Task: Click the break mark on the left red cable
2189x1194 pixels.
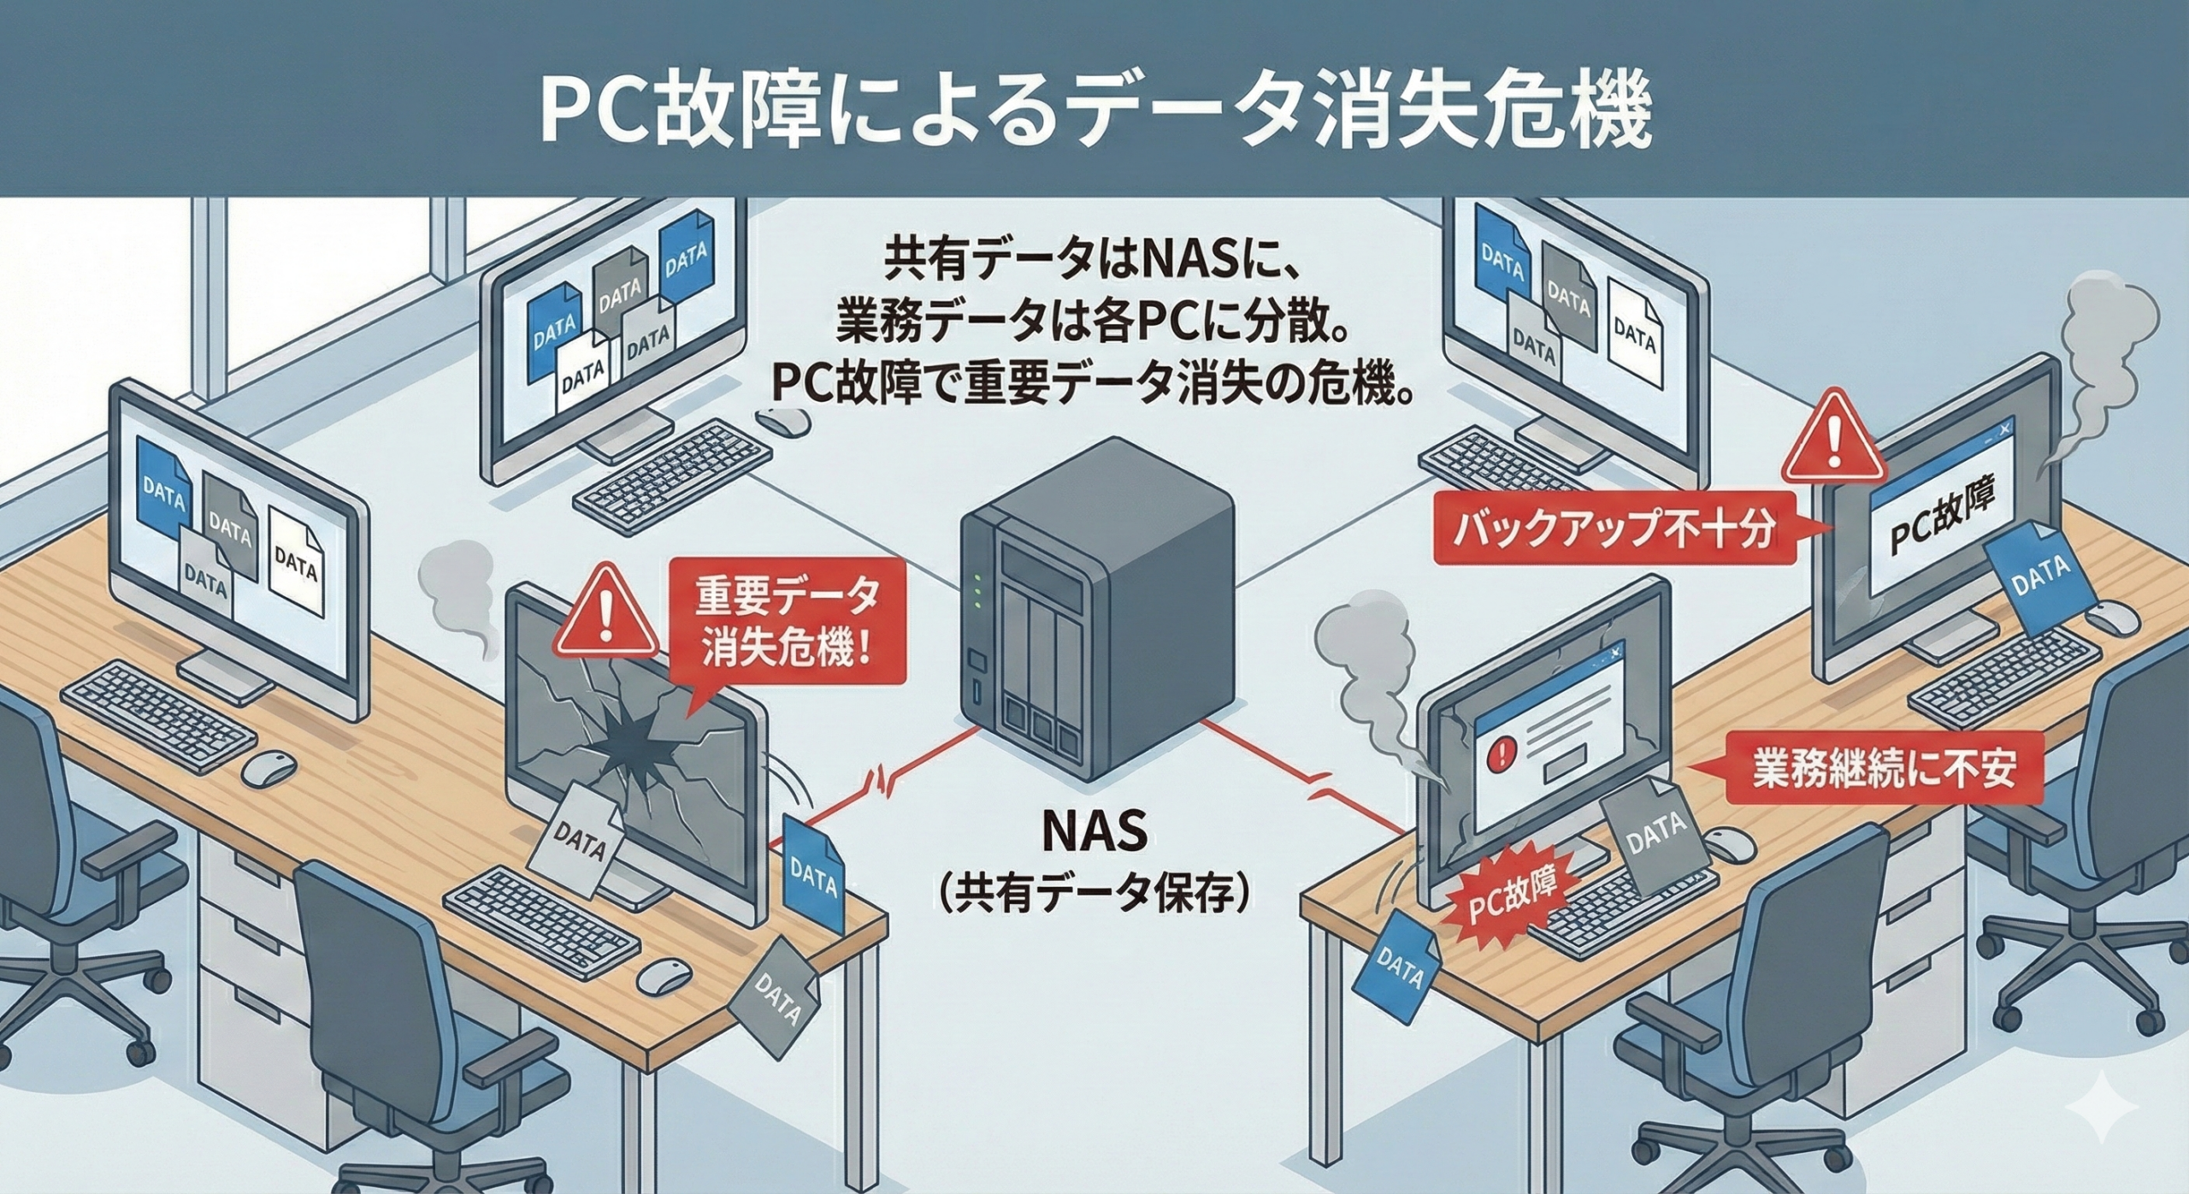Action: point(880,779)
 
